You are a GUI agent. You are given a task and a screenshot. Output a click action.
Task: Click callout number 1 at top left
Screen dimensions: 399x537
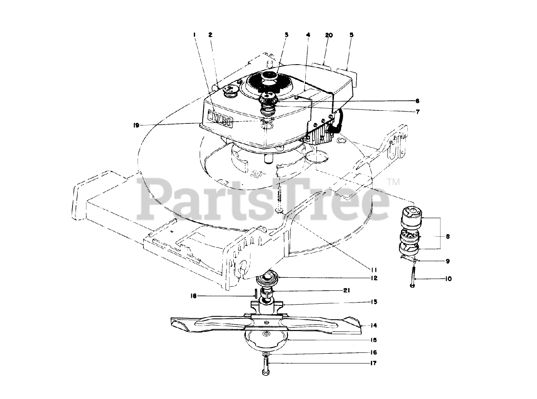[x=195, y=36]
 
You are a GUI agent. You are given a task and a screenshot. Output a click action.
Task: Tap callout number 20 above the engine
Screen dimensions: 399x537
[x=328, y=36]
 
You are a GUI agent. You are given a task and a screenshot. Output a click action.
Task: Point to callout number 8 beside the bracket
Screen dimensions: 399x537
[x=447, y=237]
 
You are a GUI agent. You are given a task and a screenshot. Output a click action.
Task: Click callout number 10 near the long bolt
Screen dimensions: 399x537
[x=448, y=279]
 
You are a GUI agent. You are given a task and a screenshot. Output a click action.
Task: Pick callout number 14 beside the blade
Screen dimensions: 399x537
[x=373, y=325]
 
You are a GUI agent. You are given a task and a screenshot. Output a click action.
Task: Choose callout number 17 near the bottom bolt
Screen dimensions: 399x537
[x=373, y=363]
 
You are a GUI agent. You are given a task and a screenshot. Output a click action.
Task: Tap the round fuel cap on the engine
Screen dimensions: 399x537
[x=229, y=90]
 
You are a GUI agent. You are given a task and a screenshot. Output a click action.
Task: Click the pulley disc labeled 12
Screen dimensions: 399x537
[x=266, y=279]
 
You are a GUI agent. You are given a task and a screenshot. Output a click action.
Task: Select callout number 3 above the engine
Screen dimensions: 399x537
[x=287, y=36]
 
